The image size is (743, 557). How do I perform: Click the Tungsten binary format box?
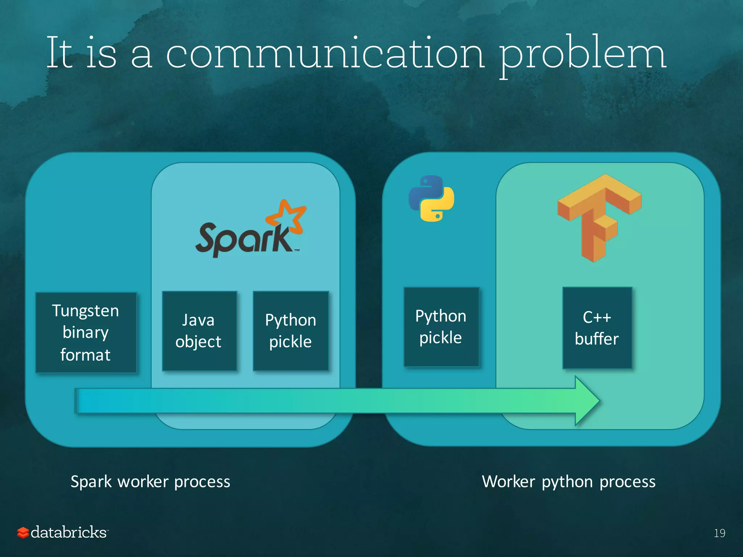[x=86, y=333]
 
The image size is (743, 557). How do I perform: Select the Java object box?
[x=199, y=331]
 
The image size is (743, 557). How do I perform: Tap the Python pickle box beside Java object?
[x=291, y=331]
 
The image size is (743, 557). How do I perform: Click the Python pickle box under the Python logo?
[x=441, y=327]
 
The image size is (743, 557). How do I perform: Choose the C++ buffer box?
[x=597, y=328]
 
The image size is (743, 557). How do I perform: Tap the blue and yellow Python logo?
[x=431, y=198]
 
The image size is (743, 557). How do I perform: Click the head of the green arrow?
[x=588, y=401]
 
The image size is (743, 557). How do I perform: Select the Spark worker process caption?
[x=150, y=482]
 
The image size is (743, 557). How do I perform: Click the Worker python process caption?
[x=568, y=482]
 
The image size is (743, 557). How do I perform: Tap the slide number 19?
[x=719, y=533]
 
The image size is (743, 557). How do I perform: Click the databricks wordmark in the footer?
[x=69, y=532]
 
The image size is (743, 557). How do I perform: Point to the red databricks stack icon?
[x=23, y=533]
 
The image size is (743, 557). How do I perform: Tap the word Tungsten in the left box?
[x=86, y=311]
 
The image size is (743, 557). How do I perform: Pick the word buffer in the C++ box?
[x=597, y=339]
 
